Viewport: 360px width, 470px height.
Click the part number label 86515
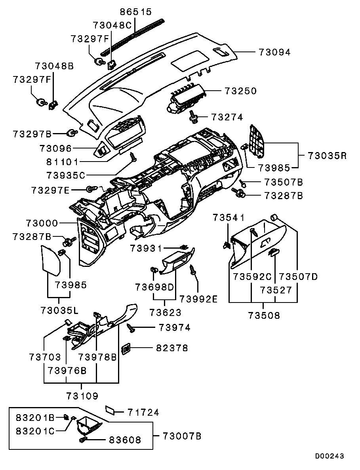[x=136, y=12]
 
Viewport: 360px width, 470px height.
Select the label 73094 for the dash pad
[x=274, y=52]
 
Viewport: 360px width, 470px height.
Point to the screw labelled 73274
[x=194, y=116]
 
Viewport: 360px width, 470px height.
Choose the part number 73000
[x=42, y=223]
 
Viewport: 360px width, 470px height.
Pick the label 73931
[x=146, y=248]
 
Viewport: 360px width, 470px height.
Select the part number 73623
[x=166, y=312]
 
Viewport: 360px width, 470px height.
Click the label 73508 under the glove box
[x=264, y=315]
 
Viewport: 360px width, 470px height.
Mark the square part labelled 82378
[x=126, y=348]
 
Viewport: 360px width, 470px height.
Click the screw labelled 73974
[x=131, y=327]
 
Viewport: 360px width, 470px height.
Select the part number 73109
[x=82, y=396]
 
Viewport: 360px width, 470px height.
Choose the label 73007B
[x=182, y=436]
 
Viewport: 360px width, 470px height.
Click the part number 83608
[x=125, y=440]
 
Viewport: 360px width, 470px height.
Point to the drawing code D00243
[x=329, y=456]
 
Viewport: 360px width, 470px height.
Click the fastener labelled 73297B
[x=73, y=133]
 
